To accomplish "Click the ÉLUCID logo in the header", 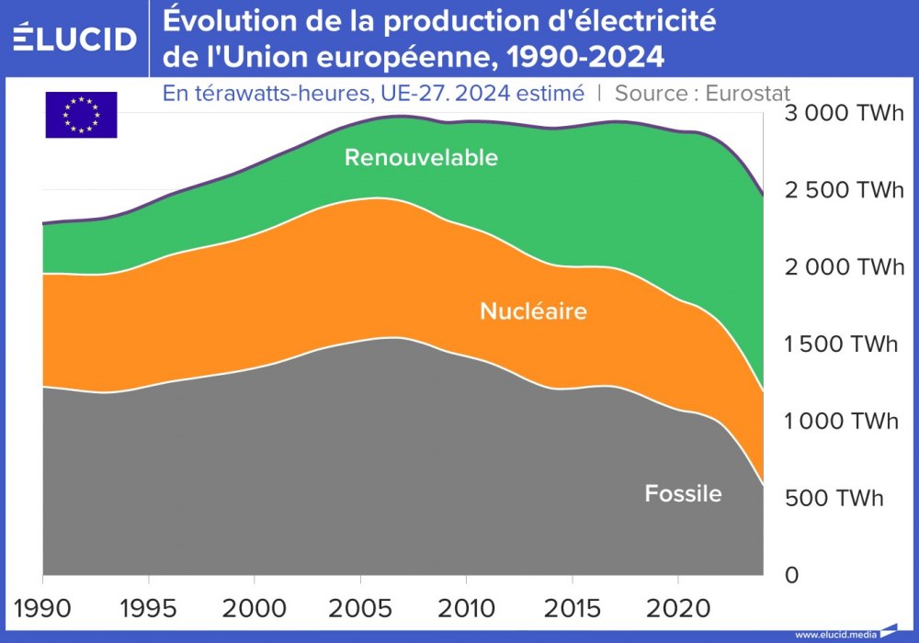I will [x=75, y=38].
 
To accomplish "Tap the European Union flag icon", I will [x=81, y=115].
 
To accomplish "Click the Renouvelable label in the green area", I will [x=421, y=157].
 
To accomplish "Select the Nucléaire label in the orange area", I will [x=533, y=311].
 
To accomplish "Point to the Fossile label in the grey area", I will [x=683, y=493].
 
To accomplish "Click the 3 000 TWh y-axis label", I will [x=843, y=114].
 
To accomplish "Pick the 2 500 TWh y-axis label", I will [x=843, y=191].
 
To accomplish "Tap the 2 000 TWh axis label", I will [x=843, y=267].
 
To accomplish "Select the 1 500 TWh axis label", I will [x=841, y=344].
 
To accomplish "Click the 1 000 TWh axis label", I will [x=841, y=421].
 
